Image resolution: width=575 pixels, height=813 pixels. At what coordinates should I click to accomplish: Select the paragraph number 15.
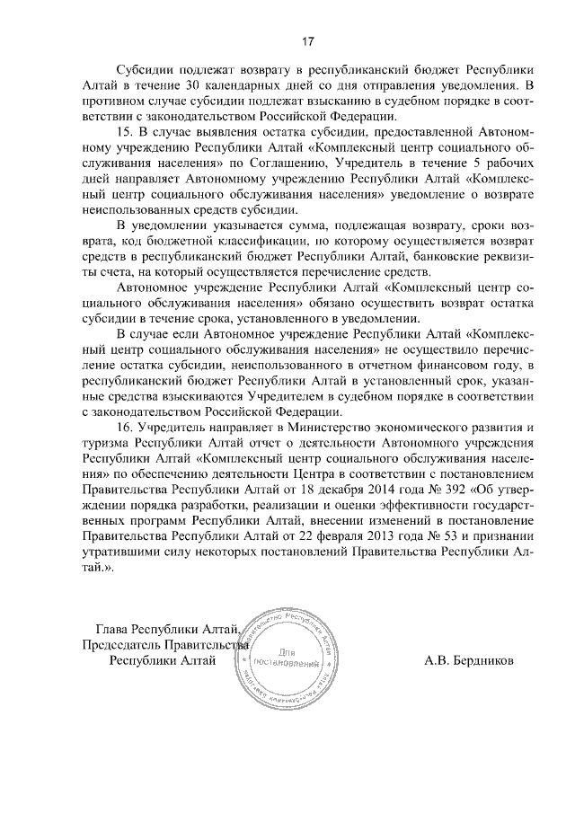tap(126, 132)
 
